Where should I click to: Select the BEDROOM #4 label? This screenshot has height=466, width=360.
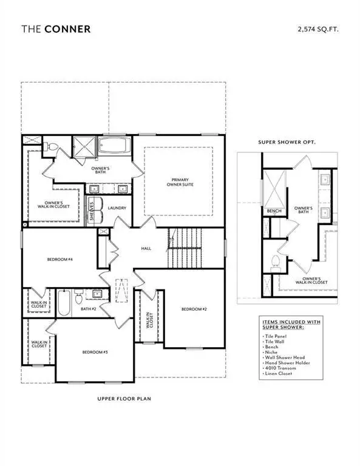pyautogui.click(x=60, y=260)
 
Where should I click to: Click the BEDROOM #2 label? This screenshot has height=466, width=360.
pyautogui.click(x=194, y=309)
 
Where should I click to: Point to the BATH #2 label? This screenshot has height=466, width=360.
pyautogui.click(x=89, y=308)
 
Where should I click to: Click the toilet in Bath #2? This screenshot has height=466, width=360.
pyautogui.click(x=78, y=297)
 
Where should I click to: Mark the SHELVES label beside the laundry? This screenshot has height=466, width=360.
pyautogui.click(x=92, y=211)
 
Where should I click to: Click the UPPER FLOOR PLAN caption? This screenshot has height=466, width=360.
pyautogui.click(x=123, y=399)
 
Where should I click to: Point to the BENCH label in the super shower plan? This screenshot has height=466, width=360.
pyautogui.click(x=273, y=211)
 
